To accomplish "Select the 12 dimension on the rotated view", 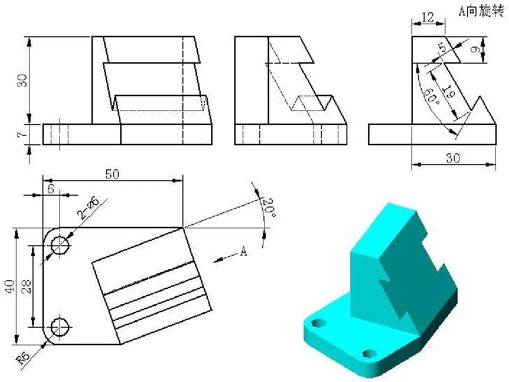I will pos(427,18).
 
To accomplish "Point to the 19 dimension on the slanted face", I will pos(449,92).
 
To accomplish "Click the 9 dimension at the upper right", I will pos(476,49).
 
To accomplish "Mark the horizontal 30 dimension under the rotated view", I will pos(453,158).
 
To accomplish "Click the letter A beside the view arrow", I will pos(243,251).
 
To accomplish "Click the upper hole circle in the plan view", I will pos(60,245).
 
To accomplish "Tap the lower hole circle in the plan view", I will pos(60,326).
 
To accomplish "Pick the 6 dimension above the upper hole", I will pos(51,188).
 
